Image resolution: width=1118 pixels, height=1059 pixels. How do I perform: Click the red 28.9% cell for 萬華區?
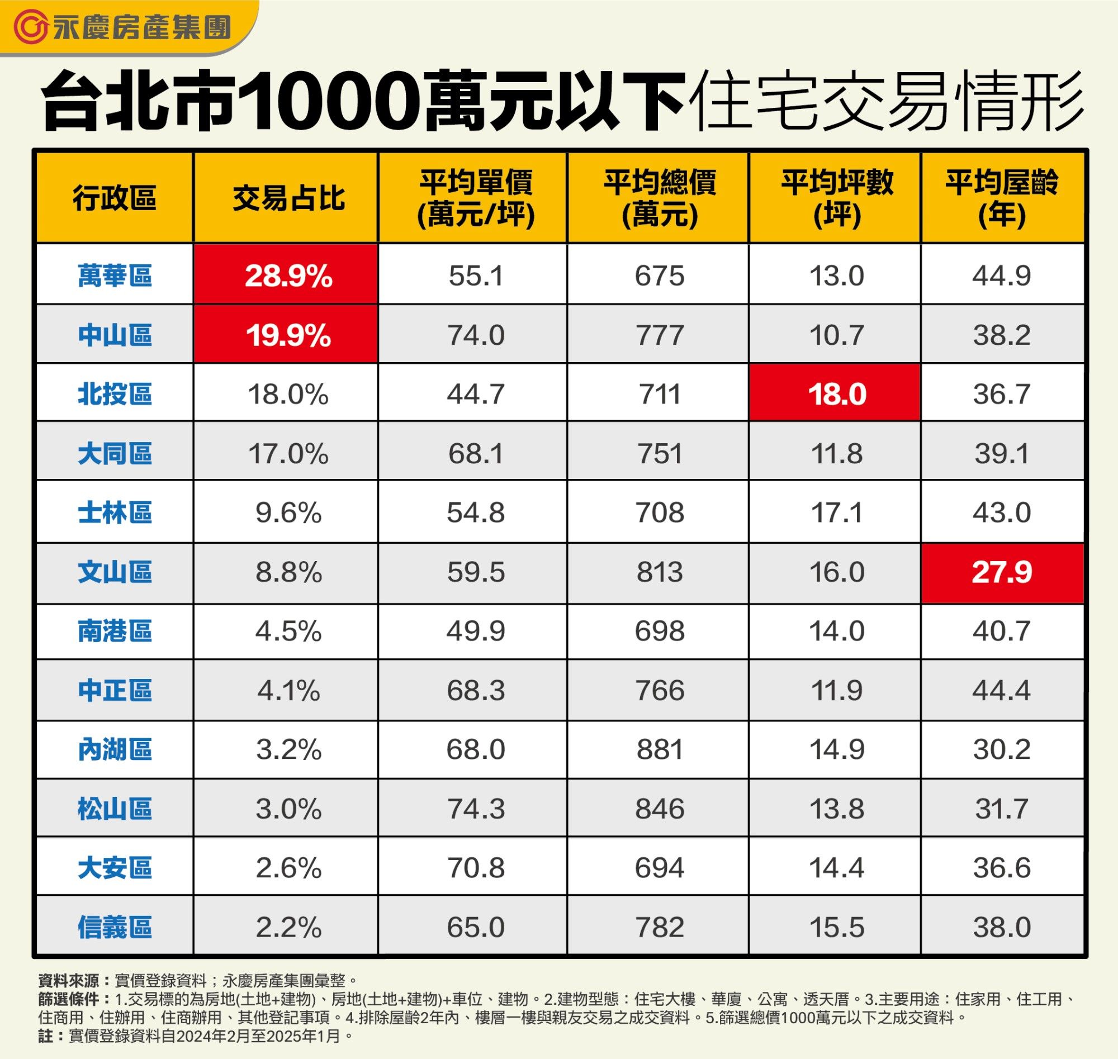tap(288, 276)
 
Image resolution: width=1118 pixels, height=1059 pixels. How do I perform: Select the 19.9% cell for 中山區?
tap(288, 335)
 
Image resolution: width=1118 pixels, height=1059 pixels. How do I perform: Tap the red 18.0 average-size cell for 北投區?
tap(836, 394)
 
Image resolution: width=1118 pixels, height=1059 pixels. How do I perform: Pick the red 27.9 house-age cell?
tap(1002, 572)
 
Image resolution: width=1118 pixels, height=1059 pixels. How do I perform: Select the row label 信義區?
tap(115, 928)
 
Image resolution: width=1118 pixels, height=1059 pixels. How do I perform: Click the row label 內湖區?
tap(115, 749)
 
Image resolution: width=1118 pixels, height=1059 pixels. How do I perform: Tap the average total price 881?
tap(659, 749)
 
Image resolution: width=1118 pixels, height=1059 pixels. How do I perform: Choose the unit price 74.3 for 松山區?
tap(476, 809)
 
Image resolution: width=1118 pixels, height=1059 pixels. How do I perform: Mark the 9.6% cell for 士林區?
tap(288, 512)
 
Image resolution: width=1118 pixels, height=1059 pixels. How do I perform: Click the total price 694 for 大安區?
tap(659, 868)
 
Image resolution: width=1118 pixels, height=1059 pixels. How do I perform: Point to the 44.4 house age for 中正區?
tap(1002, 690)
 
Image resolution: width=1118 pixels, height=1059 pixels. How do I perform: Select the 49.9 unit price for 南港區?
tap(476, 630)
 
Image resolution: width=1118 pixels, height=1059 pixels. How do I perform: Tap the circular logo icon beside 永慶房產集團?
tap(32, 27)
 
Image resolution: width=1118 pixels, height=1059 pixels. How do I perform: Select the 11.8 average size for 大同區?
tap(836, 453)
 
